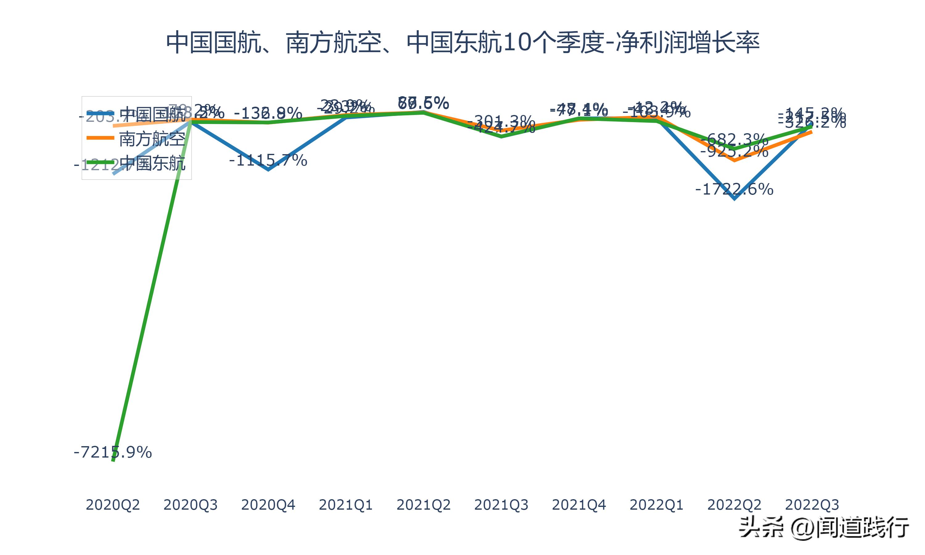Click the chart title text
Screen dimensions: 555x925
click(462, 43)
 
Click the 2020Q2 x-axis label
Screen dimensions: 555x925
click(113, 505)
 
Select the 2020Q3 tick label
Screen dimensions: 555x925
click(190, 505)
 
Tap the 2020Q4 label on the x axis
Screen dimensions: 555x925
click(268, 505)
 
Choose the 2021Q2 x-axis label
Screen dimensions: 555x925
click(423, 505)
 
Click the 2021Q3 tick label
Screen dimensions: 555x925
click(501, 505)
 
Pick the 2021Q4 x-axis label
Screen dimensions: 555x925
click(579, 505)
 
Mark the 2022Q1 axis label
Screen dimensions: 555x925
click(656, 505)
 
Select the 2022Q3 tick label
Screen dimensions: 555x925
click(812, 505)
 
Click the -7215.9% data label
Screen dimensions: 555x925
click(113, 453)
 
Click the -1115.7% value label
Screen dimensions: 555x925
click(268, 160)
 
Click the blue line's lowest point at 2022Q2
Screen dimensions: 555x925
click(734, 198)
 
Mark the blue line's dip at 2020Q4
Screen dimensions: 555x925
click(268, 169)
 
